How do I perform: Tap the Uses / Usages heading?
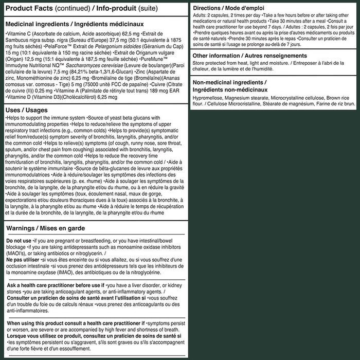point(27,110)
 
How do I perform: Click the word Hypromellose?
point(208,98)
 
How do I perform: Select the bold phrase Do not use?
point(18,241)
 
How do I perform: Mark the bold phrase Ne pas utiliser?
point(23,259)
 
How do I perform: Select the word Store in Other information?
point(200,64)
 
